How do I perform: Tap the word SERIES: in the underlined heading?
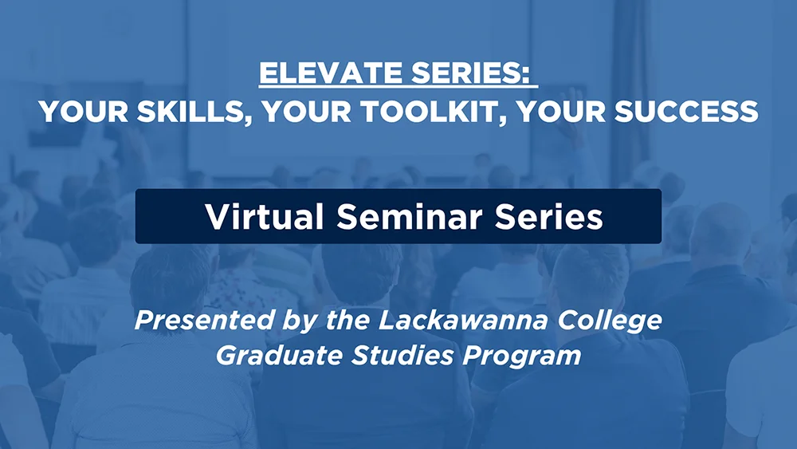click(471, 73)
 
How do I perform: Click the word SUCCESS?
click(686, 112)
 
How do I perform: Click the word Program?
click(521, 356)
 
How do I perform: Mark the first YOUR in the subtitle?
click(84, 112)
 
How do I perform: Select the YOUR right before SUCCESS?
click(561, 112)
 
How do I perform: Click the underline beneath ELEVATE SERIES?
click(398, 88)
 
